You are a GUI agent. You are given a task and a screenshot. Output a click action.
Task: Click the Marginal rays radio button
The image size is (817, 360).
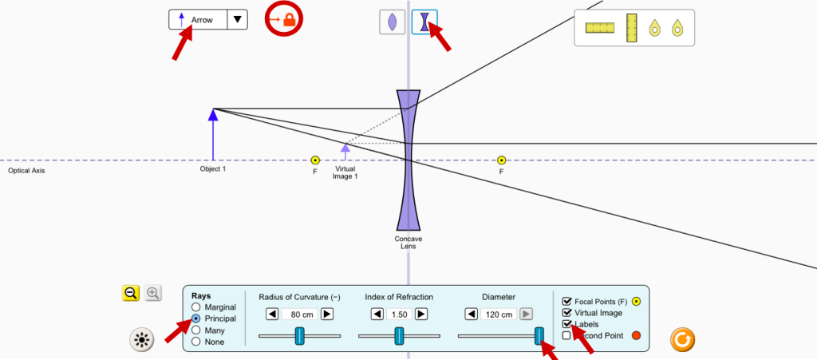click(x=196, y=307)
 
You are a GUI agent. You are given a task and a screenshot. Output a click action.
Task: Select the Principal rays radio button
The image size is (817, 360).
click(x=196, y=318)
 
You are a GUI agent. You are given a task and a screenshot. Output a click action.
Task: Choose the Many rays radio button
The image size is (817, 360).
click(x=196, y=330)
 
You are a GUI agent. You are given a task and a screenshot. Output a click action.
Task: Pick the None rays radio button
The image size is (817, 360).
click(x=196, y=342)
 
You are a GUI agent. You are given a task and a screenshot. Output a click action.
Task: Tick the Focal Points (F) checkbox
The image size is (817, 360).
click(x=567, y=301)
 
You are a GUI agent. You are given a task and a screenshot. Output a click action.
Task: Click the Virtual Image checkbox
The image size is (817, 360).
click(x=567, y=313)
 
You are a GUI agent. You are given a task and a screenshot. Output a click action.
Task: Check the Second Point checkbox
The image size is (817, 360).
click(x=567, y=335)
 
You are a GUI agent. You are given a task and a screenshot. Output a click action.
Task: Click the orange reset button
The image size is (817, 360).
click(x=683, y=340)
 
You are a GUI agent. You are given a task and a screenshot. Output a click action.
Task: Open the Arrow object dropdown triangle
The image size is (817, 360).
click(x=238, y=19)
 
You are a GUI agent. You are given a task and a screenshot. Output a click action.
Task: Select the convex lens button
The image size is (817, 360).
click(x=392, y=22)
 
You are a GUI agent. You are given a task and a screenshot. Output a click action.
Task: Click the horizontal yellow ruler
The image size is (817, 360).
click(x=600, y=28)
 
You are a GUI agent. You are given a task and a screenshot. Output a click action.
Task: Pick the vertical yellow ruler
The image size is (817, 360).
click(x=632, y=28)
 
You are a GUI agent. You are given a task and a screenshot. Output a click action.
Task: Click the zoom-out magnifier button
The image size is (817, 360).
click(x=131, y=294)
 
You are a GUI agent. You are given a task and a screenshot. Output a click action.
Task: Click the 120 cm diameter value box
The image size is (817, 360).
click(x=499, y=315)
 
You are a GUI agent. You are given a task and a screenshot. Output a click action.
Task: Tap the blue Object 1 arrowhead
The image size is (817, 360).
click(x=213, y=115)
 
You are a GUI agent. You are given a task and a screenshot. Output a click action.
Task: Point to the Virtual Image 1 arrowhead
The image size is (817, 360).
click(x=345, y=147)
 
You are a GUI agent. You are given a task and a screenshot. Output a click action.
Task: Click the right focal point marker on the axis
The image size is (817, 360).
click(x=501, y=160)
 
